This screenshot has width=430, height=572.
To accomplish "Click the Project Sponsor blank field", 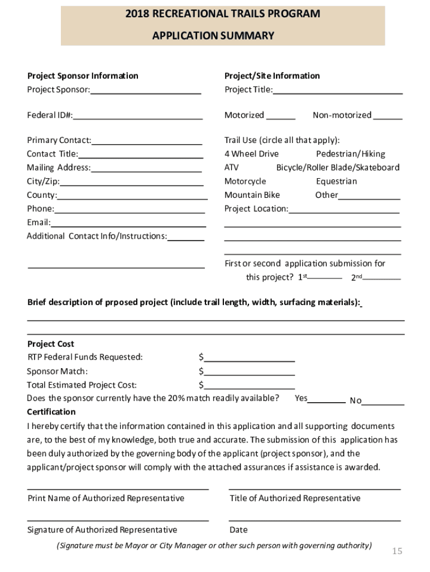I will click(x=146, y=90).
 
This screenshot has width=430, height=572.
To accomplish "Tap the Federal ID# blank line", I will click(x=137, y=116).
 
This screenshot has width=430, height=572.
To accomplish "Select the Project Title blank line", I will click(x=337, y=90).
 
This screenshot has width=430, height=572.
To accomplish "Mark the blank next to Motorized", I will click(x=280, y=116).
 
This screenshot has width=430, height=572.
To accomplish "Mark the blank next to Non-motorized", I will click(x=388, y=116).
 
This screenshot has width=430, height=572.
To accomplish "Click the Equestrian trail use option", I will click(x=336, y=182).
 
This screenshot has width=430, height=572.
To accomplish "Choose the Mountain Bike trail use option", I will click(x=252, y=195).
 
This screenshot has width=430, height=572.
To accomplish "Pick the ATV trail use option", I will click(x=231, y=168).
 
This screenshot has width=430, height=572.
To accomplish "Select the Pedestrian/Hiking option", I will click(x=350, y=154).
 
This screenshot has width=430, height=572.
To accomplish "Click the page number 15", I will click(x=396, y=551).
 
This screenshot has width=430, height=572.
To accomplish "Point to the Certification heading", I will click(x=51, y=412).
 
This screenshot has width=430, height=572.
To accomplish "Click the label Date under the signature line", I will click(x=238, y=530).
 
